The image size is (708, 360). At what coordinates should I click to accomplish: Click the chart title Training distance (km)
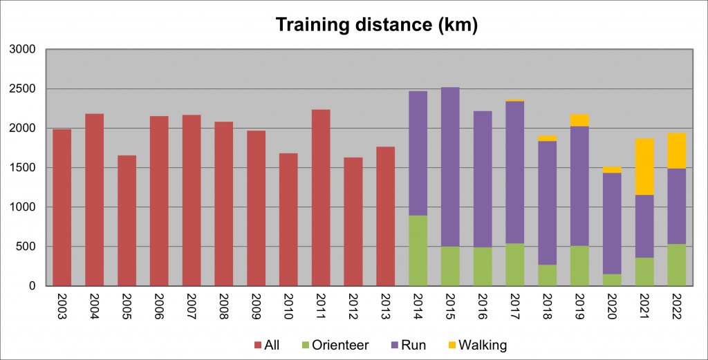(377, 25)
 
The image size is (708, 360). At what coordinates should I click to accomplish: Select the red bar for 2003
(62, 207)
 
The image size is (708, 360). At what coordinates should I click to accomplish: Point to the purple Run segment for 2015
(450, 167)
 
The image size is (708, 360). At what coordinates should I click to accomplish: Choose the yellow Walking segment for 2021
(644, 167)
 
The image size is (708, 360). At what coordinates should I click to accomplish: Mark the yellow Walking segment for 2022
(677, 151)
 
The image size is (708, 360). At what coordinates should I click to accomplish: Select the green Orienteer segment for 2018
(547, 275)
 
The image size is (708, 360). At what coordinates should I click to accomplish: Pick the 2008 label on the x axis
(224, 304)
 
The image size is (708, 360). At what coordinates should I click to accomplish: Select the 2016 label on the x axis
(483, 304)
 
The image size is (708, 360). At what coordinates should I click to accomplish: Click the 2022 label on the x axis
(677, 304)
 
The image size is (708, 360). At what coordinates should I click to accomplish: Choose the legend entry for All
(266, 343)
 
